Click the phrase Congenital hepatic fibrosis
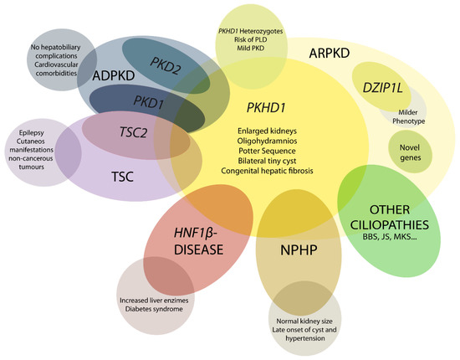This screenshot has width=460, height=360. [266, 170]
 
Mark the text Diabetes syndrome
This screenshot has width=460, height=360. [155, 307]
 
